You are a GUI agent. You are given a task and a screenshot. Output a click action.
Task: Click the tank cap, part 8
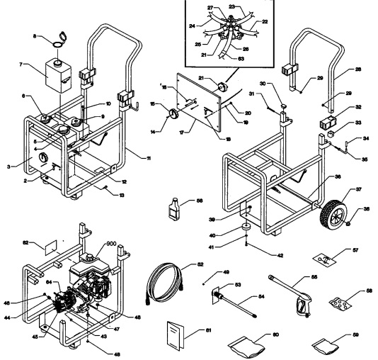(x=57, y=41)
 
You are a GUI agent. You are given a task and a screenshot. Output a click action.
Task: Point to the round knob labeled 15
(x=171, y=113)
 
